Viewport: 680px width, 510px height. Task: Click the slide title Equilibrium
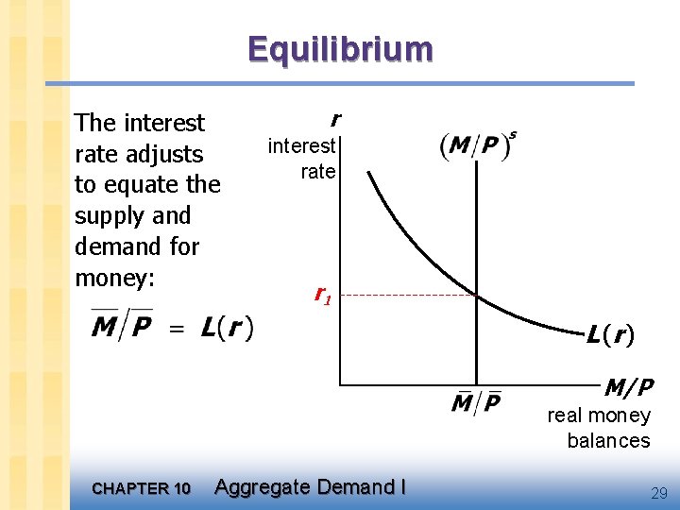340,48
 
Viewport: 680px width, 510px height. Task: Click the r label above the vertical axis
334,119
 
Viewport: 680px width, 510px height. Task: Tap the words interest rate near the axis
302,159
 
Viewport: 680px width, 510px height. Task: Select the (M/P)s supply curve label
478,145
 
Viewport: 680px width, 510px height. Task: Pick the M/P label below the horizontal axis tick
476,403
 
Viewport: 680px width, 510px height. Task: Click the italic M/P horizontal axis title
628,386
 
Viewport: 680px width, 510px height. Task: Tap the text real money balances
600,428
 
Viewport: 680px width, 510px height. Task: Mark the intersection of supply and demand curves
476,297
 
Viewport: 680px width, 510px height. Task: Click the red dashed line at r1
406,296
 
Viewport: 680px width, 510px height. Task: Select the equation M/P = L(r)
171,328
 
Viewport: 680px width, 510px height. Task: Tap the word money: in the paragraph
114,278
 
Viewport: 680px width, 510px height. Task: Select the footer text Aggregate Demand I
310,487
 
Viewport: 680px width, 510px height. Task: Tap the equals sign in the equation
177,330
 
